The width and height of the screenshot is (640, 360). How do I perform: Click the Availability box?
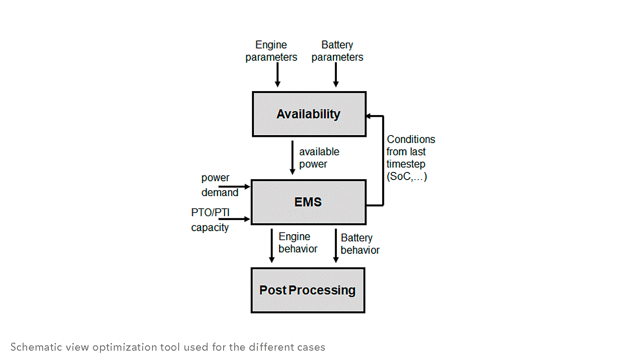(309, 114)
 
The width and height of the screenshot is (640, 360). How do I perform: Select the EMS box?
(308, 202)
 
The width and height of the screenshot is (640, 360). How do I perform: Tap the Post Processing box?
(308, 290)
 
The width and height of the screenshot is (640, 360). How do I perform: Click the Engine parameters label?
(271, 51)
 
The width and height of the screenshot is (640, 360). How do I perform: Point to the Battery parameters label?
(337, 51)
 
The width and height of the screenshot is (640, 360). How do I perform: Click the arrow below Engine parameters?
(277, 75)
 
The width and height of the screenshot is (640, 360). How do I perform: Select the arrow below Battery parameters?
(336, 75)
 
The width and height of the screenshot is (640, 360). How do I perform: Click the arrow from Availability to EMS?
(292, 158)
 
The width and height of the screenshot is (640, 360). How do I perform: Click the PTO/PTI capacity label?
(210, 220)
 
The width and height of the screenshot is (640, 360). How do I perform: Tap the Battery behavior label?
(360, 244)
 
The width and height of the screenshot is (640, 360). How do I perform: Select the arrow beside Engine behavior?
(271, 245)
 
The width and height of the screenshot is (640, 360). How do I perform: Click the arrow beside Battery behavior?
(336, 245)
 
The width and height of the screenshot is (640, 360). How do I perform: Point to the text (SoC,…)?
(406, 177)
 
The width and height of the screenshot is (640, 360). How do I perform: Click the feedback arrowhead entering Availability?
(369, 116)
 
